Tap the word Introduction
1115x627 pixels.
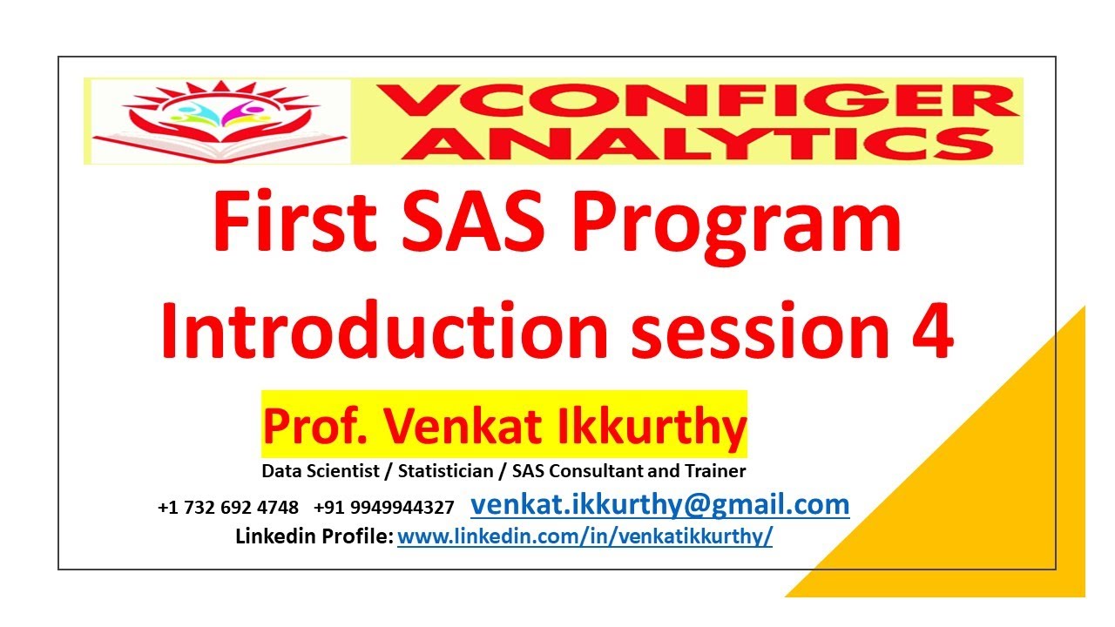point(384,334)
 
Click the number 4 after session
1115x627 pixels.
point(931,334)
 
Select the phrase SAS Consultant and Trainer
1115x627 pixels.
point(629,471)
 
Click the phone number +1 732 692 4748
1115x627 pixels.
point(228,507)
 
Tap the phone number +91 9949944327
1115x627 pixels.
point(384,507)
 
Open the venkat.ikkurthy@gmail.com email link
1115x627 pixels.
point(659,504)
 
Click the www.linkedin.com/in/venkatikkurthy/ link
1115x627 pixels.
point(585,536)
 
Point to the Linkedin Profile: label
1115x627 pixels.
point(314,536)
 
